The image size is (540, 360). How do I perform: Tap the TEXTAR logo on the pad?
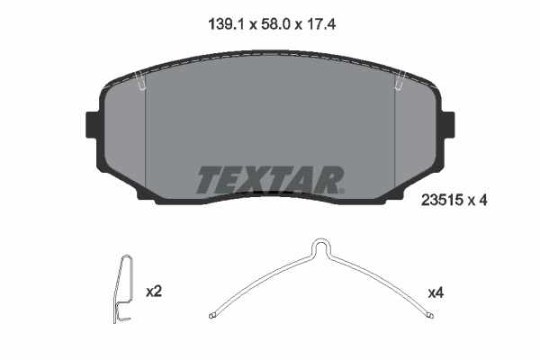(x=268, y=180)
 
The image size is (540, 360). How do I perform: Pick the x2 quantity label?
(x=153, y=292)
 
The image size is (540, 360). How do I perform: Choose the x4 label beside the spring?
(x=436, y=292)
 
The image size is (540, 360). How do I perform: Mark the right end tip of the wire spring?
(x=432, y=315)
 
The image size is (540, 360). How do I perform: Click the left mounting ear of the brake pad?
(x=91, y=124)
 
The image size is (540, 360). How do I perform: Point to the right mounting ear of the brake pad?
(x=446, y=124)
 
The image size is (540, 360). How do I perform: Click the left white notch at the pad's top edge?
(x=141, y=83)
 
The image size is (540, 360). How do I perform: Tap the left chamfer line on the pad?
(x=146, y=144)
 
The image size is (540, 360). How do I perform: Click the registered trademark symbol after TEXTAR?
(x=341, y=190)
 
